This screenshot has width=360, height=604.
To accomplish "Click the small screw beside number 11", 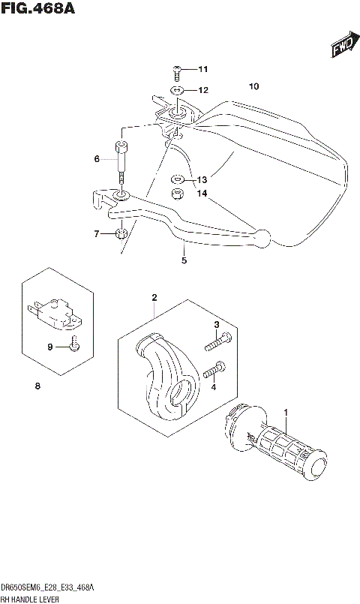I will tap(178, 71).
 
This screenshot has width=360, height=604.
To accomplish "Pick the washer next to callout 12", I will tap(178, 91).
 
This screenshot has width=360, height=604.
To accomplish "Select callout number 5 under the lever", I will tap(183, 260).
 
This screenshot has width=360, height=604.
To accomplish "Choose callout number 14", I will tap(201, 193).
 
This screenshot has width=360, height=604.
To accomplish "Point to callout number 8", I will tap(37, 386).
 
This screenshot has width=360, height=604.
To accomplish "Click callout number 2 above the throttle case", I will tap(154, 298).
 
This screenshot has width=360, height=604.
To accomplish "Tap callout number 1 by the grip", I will tap(285, 411).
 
